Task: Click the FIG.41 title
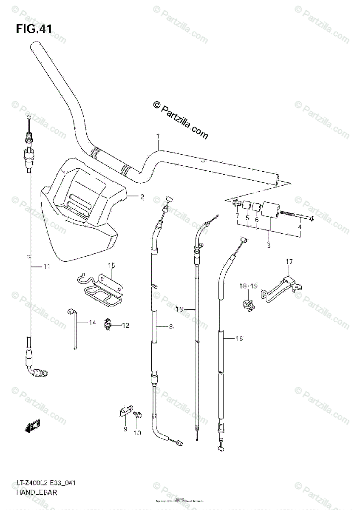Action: pos(34,29)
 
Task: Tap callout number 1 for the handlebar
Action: pos(158,136)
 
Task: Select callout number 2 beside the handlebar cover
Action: pos(142,196)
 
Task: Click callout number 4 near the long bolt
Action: pos(299,227)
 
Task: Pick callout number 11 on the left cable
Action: pos(46,267)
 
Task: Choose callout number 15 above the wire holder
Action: pos(111,266)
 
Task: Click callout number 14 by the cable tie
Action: pos(92,323)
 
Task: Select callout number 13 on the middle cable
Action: pos(179,309)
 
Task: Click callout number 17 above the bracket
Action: pos(289,262)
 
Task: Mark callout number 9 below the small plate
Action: pos(125,429)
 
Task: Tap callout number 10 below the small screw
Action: pos(137,433)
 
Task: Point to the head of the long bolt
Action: pos(311,219)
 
